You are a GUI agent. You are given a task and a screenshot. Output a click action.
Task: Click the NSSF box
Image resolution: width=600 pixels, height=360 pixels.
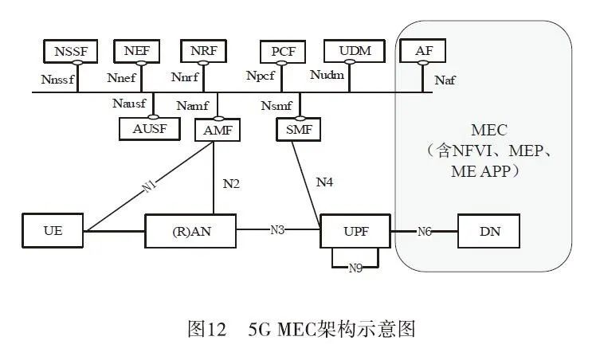[x=70, y=53]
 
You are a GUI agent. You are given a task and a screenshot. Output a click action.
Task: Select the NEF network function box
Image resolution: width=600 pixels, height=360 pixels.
[x=136, y=53]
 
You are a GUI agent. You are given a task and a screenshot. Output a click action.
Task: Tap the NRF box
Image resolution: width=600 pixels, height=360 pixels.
[x=202, y=53]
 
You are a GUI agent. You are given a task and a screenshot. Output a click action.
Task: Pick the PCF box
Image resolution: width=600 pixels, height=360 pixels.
[x=283, y=53]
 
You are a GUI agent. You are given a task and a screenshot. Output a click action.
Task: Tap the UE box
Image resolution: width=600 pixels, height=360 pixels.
[x=53, y=232]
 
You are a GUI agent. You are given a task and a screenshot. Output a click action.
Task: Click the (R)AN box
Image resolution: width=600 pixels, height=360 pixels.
[x=190, y=232]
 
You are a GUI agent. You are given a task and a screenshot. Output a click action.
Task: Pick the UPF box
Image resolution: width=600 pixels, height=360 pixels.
[x=355, y=232]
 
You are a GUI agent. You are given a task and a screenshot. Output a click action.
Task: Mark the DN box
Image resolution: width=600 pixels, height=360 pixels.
[x=488, y=232]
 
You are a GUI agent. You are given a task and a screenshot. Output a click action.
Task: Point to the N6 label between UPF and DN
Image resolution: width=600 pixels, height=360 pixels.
[x=425, y=232]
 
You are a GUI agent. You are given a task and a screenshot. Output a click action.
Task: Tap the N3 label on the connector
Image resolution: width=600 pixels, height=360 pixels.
[x=276, y=231]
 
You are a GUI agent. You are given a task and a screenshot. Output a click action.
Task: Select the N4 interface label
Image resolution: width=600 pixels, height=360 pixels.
[x=324, y=182]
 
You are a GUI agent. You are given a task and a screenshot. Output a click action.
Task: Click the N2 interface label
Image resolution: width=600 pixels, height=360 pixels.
[x=231, y=183]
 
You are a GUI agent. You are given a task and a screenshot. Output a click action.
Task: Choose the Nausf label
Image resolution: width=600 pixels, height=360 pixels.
[x=128, y=104]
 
